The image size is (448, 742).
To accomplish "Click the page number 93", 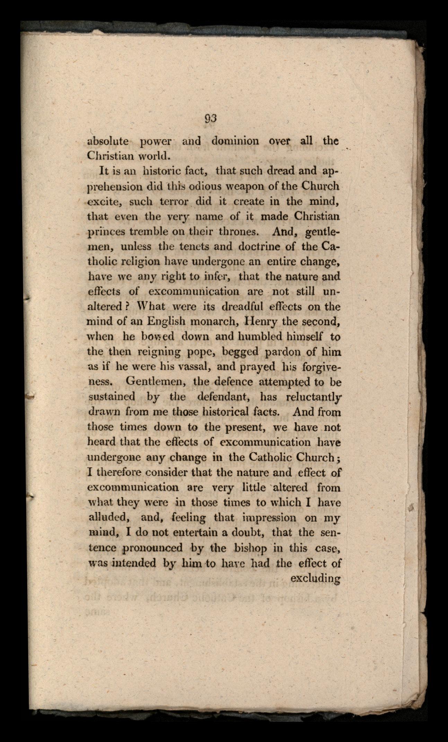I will (210, 118).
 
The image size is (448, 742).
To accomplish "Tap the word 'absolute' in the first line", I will (108, 141).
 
